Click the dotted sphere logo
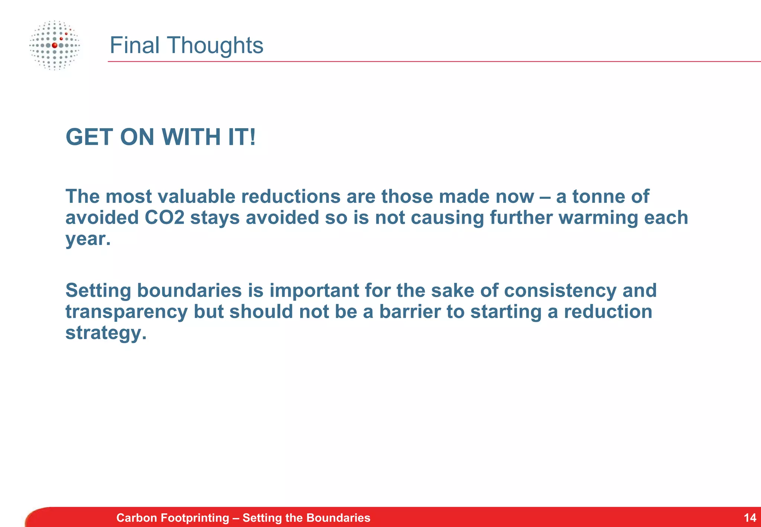[55, 45]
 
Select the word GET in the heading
[89, 137]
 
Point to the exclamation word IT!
[242, 137]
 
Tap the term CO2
[164, 217]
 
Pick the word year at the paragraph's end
[88, 239]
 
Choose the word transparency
[126, 311]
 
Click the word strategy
[106, 333]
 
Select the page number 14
[750, 518]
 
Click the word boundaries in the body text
[189, 290]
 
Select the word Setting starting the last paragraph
[98, 290]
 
